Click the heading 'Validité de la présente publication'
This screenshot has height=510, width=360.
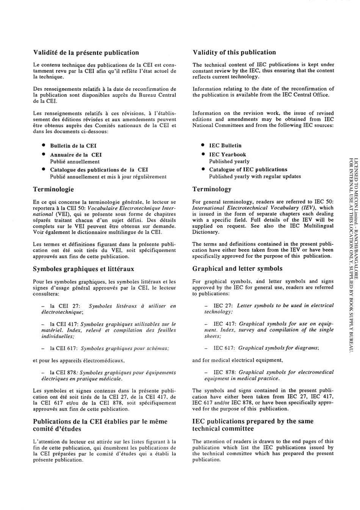(86, 53)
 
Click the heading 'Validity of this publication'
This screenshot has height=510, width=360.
(234, 52)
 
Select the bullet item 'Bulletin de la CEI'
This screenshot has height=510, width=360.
(73, 146)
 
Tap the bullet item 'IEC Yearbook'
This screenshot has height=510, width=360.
(227, 155)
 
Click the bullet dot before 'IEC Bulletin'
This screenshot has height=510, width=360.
(203, 145)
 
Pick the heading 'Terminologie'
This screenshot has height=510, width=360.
(53, 189)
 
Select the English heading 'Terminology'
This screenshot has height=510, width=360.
(211, 189)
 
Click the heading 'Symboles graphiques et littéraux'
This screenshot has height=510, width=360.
(83, 269)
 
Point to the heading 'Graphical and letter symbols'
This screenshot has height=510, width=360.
(237, 268)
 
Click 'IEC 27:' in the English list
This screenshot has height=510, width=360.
(223, 295)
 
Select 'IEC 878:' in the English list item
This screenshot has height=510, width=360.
(224, 372)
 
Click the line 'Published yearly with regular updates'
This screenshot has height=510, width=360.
(255, 176)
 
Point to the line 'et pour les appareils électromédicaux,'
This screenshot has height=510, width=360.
(79, 360)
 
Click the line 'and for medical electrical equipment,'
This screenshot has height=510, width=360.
(237, 360)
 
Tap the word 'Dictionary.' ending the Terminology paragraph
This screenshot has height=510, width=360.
(205, 232)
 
